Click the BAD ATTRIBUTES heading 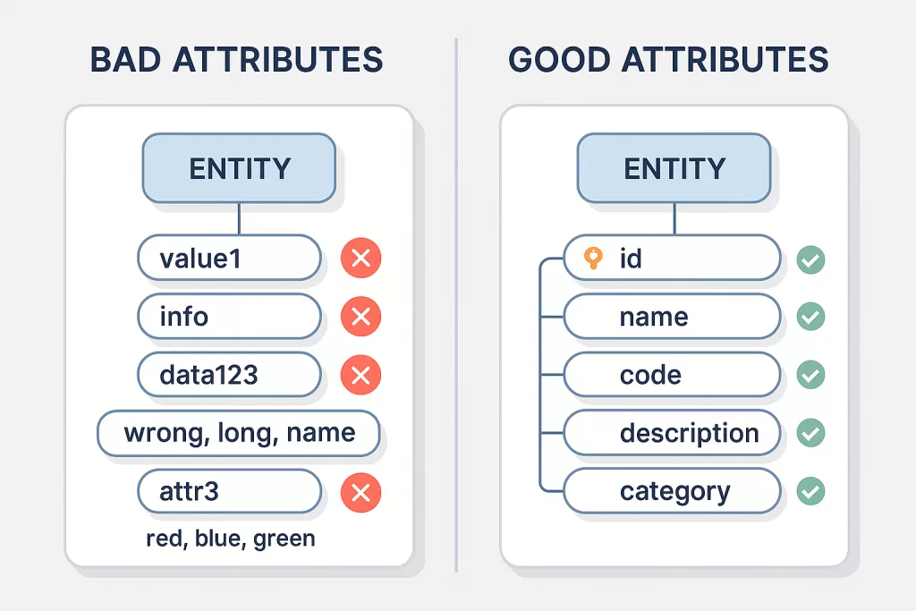coord(237,60)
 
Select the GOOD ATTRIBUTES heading coord(668,60)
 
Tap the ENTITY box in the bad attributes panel coord(240,168)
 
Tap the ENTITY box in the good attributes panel coord(674,168)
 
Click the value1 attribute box coord(229,259)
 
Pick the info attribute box coord(229,317)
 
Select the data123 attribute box coord(229,374)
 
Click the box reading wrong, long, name coord(239,433)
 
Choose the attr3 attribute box coord(229,491)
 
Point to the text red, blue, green coord(230,539)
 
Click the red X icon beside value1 coord(360,259)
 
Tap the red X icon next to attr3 coord(360,492)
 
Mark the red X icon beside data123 coord(360,375)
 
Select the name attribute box coord(672,317)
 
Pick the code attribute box coord(672,375)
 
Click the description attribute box coord(672,433)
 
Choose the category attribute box coord(672,491)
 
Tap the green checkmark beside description coord(810,433)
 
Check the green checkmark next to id coord(810,259)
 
